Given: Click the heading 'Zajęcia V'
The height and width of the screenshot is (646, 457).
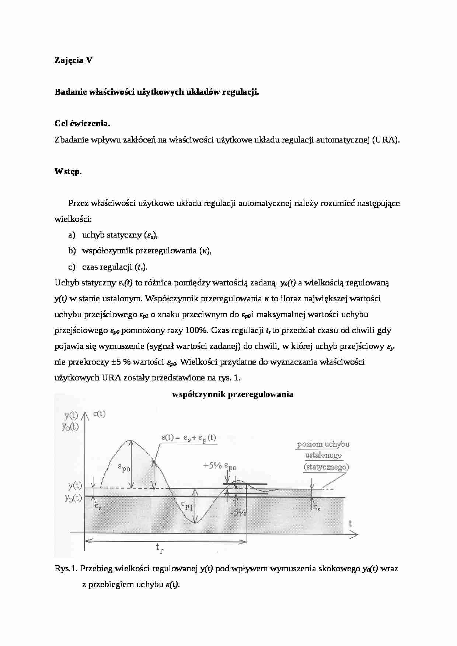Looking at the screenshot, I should click(73, 60).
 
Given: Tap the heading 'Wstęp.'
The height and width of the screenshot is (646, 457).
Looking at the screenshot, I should click(68, 172).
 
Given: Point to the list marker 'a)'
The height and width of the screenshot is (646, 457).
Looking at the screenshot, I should click(71, 235).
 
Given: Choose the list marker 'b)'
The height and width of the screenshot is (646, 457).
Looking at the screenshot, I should click(71, 251).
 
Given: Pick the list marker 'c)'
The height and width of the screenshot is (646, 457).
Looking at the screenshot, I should click(71, 267).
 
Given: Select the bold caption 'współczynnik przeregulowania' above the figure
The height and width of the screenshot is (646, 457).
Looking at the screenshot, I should click(233, 394).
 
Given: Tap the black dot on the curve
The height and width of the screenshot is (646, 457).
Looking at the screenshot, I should click(154, 462).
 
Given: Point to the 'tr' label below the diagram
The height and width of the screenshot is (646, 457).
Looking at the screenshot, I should click(160, 549).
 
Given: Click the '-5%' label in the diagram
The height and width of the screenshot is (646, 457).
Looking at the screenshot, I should click(238, 512).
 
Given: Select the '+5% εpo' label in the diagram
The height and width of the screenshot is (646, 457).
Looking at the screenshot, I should click(220, 466).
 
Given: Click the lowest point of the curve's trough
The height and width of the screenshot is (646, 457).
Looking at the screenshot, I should click(195, 522).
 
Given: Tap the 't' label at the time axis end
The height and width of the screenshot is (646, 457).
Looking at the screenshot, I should click(350, 523).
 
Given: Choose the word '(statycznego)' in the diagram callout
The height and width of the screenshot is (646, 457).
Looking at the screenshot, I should click(326, 467).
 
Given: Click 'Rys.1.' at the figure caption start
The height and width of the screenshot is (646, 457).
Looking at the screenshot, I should click(66, 569).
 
